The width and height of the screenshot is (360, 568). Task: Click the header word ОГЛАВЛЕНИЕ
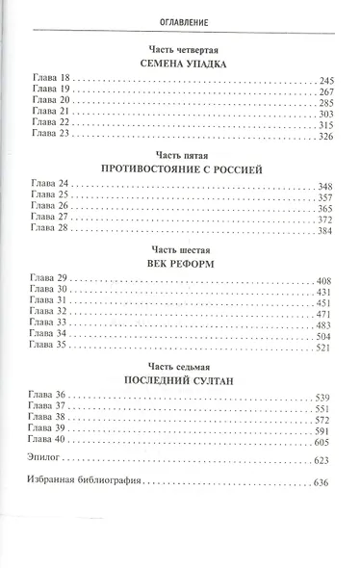tap(179, 18)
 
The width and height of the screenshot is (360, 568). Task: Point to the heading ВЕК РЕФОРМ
tap(179, 263)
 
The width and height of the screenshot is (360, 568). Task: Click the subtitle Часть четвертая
tap(179, 46)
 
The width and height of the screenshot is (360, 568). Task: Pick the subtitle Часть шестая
tap(179, 248)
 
